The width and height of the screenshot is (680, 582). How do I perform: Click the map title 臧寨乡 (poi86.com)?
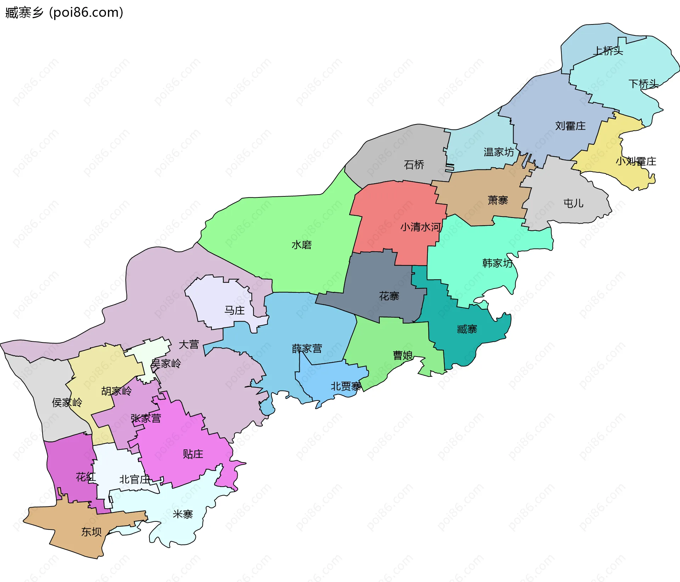(x=64, y=13)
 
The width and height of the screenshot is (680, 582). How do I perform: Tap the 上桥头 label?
(x=608, y=51)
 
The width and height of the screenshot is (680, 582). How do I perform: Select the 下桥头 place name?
(x=643, y=84)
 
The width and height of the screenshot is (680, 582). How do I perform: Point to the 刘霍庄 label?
(x=570, y=126)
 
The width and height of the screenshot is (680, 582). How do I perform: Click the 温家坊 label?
(x=499, y=152)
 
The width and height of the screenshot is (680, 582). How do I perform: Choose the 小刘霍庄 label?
(x=636, y=162)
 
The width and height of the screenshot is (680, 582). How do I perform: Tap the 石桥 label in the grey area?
(x=414, y=164)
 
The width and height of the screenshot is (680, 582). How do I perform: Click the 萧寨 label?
(x=498, y=200)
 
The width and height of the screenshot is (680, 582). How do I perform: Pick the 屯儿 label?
(x=573, y=203)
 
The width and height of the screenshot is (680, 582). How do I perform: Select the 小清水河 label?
(x=420, y=227)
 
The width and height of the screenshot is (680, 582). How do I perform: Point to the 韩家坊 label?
(x=497, y=263)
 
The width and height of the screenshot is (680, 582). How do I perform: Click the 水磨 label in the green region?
(x=301, y=245)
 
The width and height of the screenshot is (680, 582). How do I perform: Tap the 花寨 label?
(x=389, y=296)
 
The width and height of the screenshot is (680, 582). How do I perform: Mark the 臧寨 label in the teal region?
(x=467, y=329)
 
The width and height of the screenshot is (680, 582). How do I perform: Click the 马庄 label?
(x=234, y=310)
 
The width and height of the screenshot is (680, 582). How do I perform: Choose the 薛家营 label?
(x=307, y=349)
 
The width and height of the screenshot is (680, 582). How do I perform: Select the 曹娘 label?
(x=403, y=355)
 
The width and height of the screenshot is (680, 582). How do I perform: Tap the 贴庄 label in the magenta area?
(x=193, y=454)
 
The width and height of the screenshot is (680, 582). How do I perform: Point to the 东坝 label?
(x=91, y=532)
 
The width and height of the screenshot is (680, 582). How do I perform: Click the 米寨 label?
(x=183, y=514)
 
